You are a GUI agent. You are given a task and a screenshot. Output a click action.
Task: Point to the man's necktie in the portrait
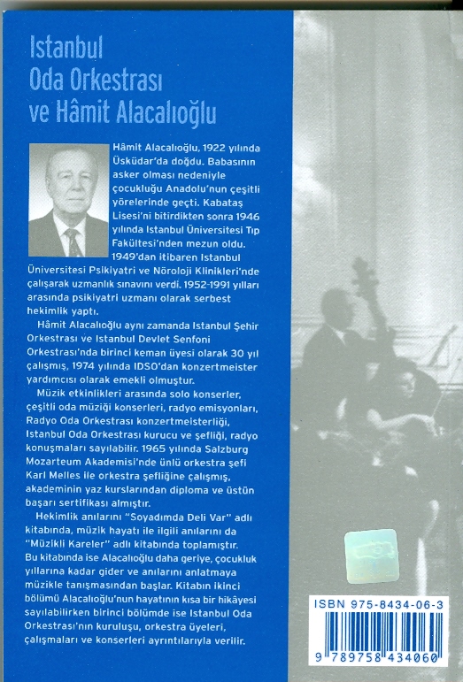pyautogui.click(x=68, y=237)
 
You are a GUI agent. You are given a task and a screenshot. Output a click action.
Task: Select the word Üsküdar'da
pyautogui.click(x=141, y=165)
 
